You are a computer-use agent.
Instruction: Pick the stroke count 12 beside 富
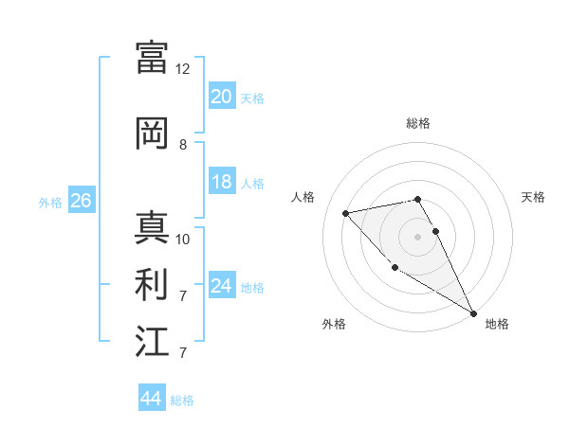coord(183,69)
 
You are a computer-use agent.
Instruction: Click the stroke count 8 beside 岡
coord(183,145)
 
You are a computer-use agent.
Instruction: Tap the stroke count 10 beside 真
coord(183,240)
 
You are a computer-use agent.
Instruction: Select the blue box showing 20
coord(222,97)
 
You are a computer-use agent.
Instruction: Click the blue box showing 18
coord(222,182)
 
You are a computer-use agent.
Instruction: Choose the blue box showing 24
coord(222,286)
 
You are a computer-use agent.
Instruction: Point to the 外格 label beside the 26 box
coord(50,202)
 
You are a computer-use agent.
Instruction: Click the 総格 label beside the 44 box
coord(182,400)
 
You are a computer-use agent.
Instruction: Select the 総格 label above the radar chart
coord(418,123)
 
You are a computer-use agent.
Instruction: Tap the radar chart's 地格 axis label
coord(497,324)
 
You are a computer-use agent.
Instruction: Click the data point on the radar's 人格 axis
coord(346,213)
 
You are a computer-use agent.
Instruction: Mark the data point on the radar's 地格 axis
coord(473,313)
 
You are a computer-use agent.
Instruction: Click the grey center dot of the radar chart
coord(417,236)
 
